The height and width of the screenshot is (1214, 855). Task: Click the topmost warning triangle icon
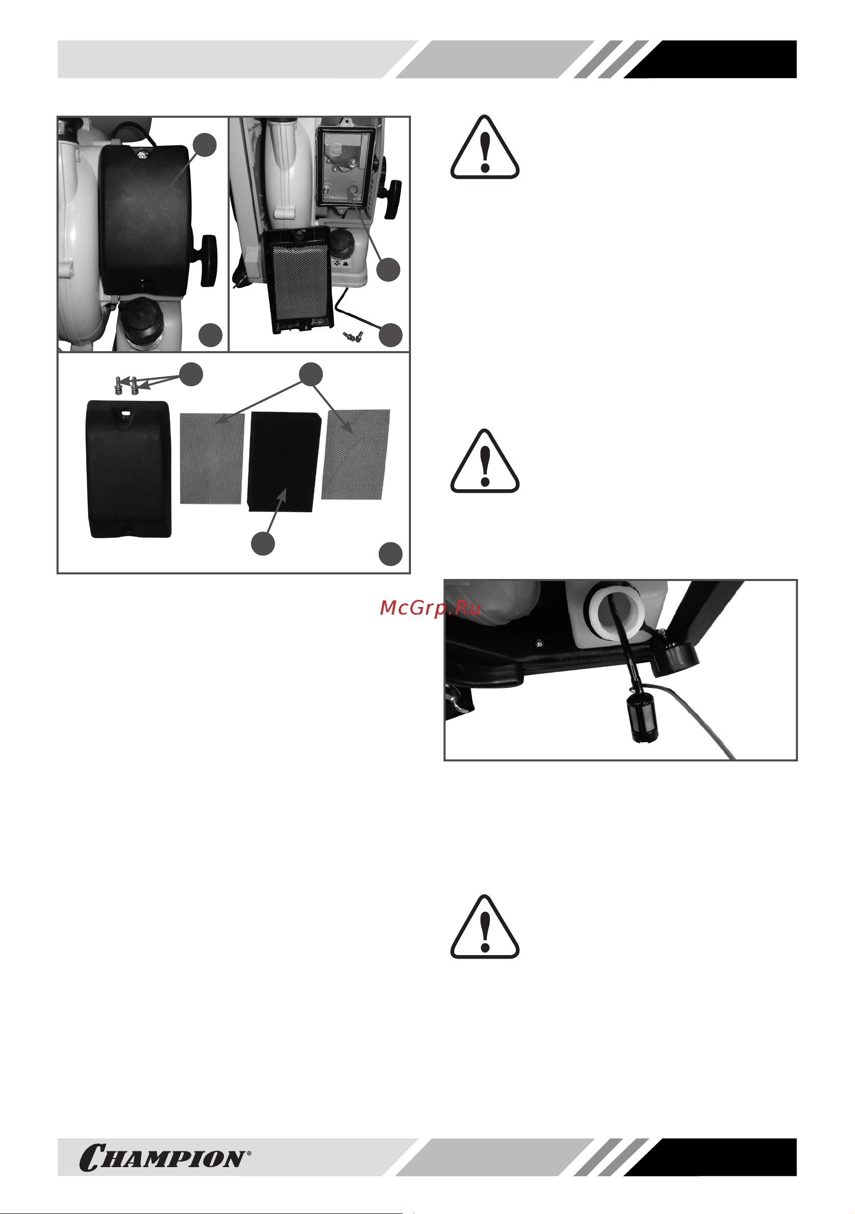[485, 147]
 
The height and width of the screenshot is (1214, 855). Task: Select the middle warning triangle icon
[485, 461]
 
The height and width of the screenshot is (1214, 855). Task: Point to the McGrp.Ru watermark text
[430, 608]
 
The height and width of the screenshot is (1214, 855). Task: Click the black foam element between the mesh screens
[284, 462]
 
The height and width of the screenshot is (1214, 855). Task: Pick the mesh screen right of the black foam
[355, 454]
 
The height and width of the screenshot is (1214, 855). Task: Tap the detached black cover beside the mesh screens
[128, 469]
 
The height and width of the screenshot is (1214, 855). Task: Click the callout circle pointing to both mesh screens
[311, 375]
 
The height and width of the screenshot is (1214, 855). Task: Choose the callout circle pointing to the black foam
[263, 544]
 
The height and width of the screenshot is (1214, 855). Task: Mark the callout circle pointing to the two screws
[191, 375]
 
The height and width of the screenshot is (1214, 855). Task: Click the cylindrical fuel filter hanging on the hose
[642, 718]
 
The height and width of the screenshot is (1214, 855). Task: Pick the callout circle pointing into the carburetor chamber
[389, 270]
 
